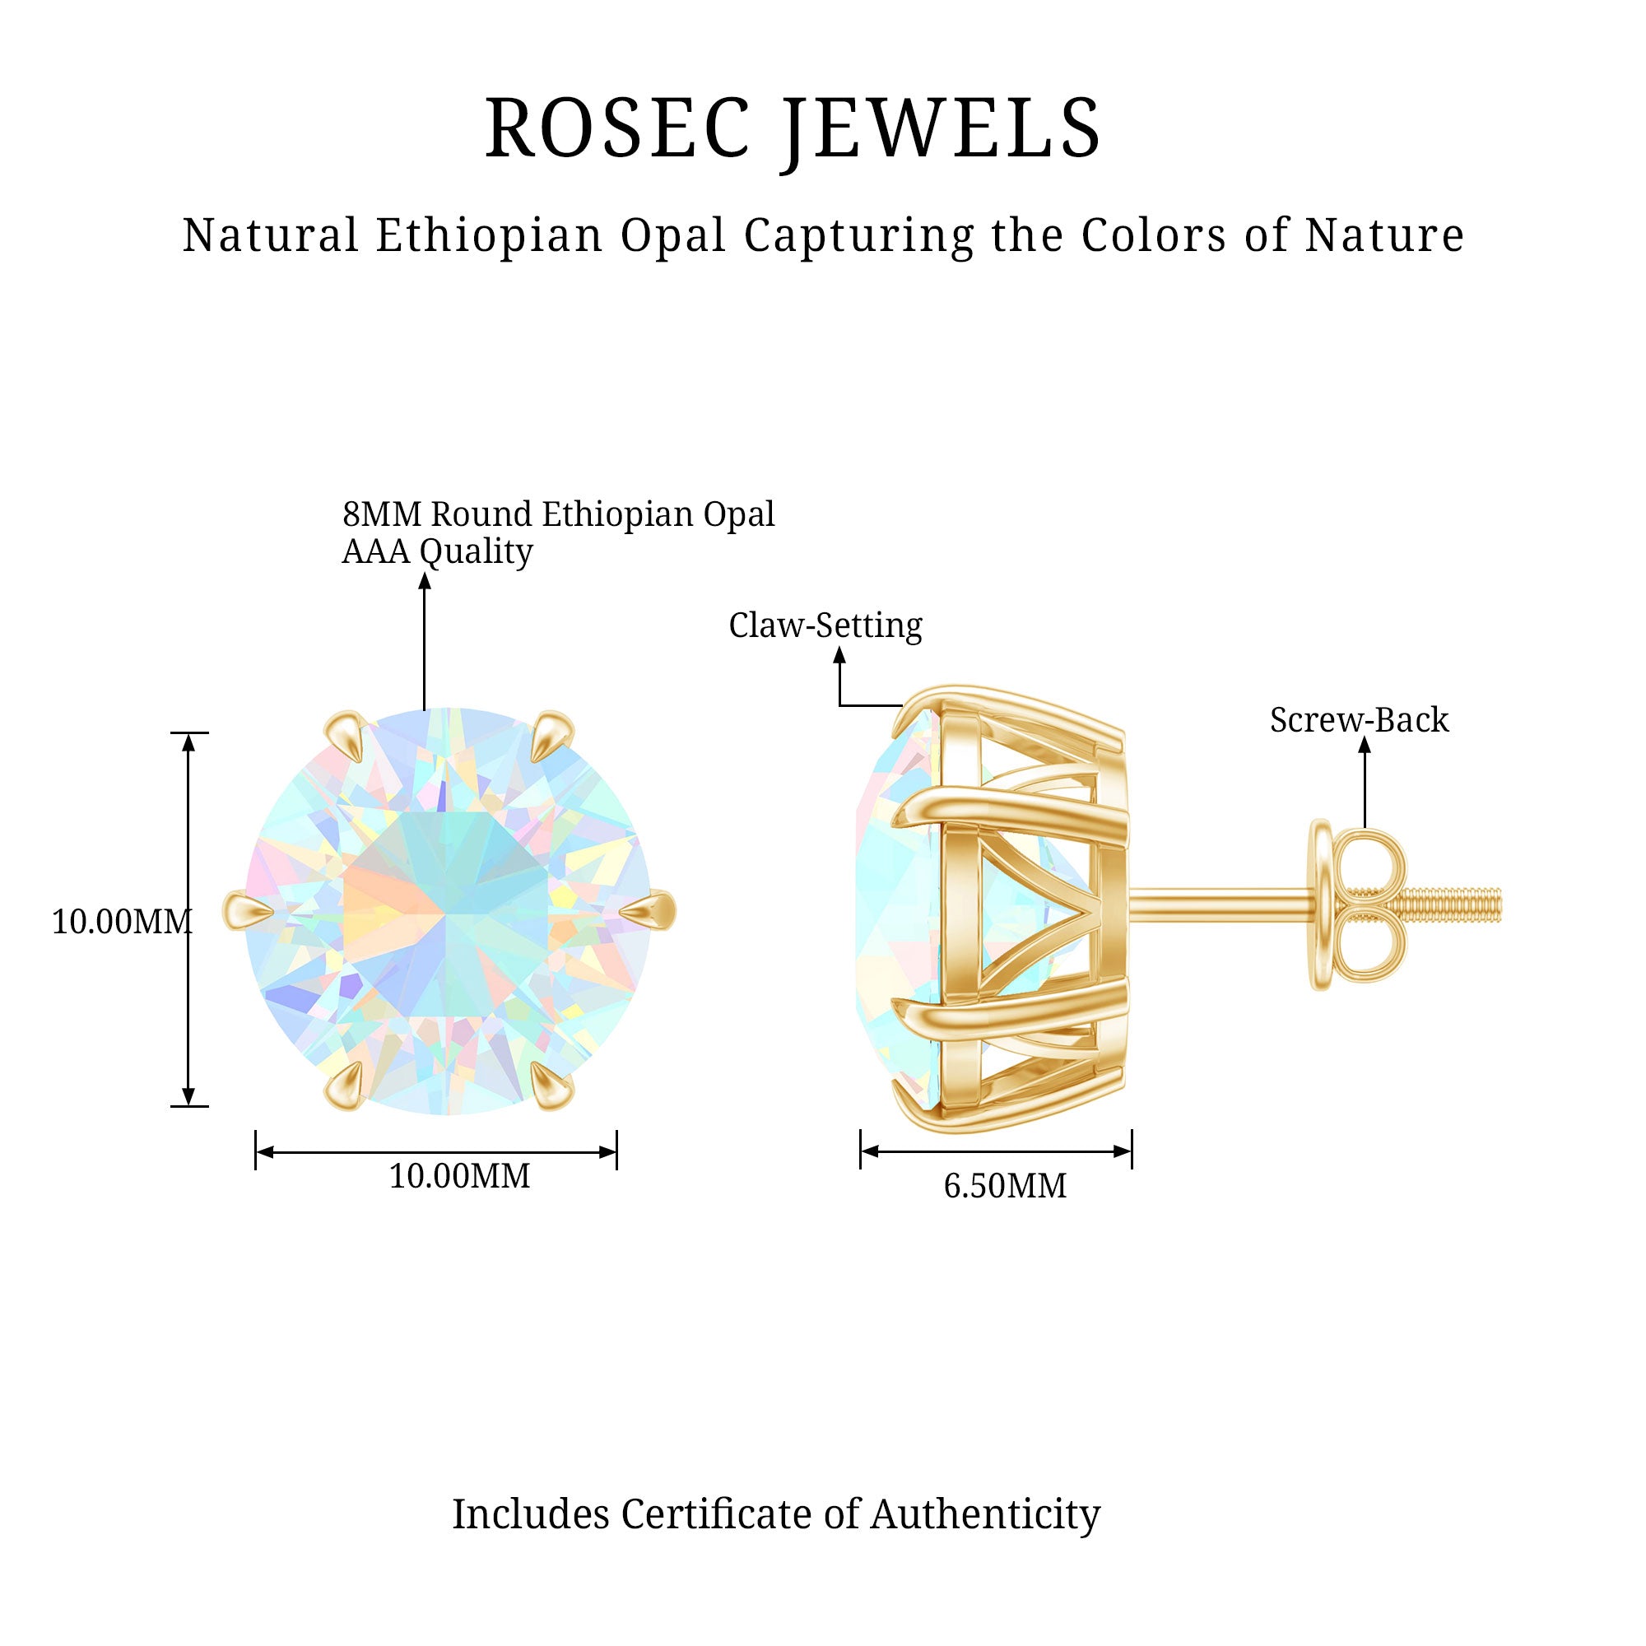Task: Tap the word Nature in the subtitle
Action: click(1384, 235)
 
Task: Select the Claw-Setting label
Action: click(825, 626)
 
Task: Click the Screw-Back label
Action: click(1359, 720)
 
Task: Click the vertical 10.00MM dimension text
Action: click(122, 921)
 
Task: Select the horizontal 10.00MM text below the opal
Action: click(459, 1176)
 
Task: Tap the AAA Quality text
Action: click(437, 552)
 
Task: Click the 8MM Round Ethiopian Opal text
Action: click(559, 514)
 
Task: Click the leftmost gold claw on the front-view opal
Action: click(248, 911)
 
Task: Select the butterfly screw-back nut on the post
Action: click(1356, 904)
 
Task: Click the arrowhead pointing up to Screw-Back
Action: click(1364, 745)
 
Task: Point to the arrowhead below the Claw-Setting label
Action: click(839, 655)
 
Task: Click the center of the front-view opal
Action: click(449, 911)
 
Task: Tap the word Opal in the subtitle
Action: click(673, 236)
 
